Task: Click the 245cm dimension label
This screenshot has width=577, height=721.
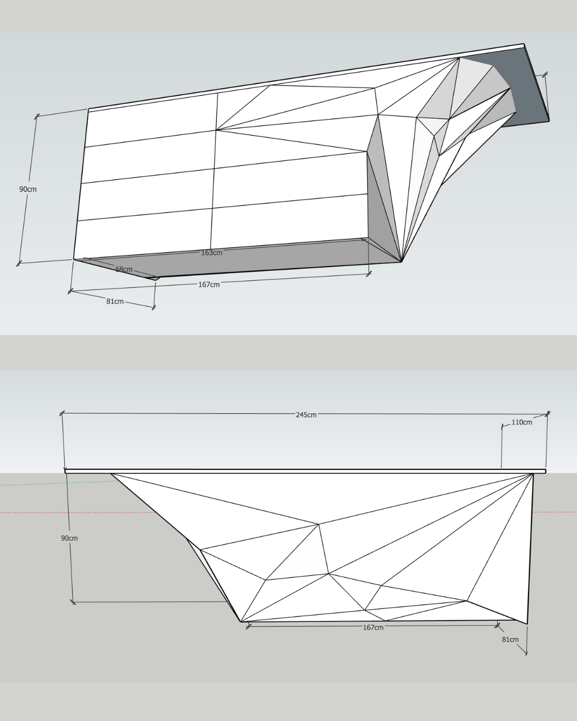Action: [306, 415]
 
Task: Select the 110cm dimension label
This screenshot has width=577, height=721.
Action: [521, 422]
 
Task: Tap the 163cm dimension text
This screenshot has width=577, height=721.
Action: [212, 253]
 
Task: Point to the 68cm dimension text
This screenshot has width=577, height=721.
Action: [124, 269]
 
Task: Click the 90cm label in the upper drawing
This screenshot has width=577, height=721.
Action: [28, 189]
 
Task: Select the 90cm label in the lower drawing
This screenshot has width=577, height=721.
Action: [69, 538]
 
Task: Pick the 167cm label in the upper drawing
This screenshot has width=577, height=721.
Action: [209, 285]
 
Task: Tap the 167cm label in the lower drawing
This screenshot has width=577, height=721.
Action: [373, 628]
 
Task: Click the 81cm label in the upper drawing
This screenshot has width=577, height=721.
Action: [115, 302]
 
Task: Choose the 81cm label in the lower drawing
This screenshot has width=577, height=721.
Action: [510, 640]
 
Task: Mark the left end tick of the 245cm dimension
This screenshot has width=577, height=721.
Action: [61, 413]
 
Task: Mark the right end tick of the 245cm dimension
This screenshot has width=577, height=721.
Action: [548, 414]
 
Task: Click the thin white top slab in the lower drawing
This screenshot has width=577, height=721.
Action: [305, 472]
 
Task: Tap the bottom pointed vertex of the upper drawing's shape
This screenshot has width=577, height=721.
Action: [401, 261]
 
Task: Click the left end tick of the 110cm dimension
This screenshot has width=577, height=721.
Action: [502, 427]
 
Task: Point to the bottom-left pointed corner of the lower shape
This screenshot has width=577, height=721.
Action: [241, 622]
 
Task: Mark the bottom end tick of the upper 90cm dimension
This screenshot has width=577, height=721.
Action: [19, 263]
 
